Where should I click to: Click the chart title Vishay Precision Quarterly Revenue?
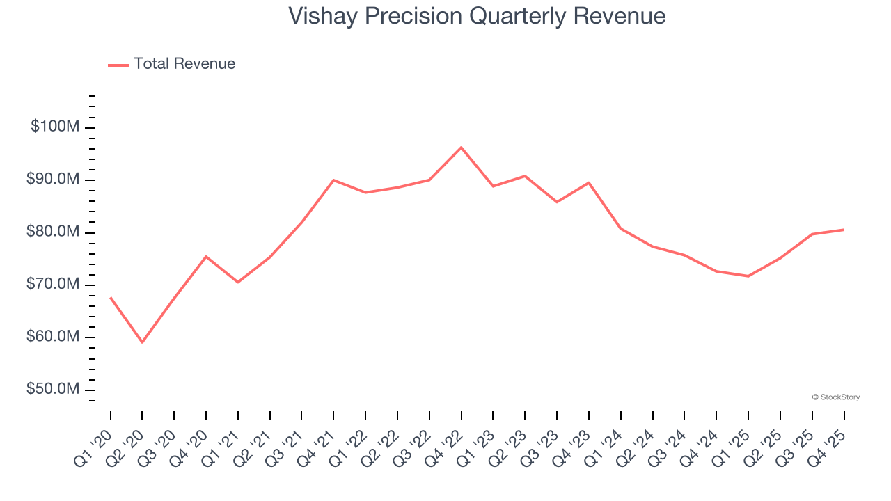click(477, 16)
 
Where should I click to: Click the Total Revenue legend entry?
click(172, 64)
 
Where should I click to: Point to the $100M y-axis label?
click(55, 127)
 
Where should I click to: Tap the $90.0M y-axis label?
click(54, 180)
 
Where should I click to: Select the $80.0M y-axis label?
click(54, 232)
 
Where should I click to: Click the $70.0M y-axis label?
click(54, 284)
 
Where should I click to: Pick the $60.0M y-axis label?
click(54, 337)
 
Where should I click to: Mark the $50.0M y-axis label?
click(54, 389)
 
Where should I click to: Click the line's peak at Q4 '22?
click(461, 148)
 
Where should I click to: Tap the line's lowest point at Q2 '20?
click(142, 342)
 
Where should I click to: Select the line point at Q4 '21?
click(333, 180)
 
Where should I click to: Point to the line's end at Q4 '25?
click(844, 230)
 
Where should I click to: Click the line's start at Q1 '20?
click(111, 298)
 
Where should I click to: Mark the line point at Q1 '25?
click(748, 276)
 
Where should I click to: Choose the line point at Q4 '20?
click(206, 256)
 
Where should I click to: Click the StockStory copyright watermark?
click(835, 397)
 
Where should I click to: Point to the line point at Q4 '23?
click(589, 182)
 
